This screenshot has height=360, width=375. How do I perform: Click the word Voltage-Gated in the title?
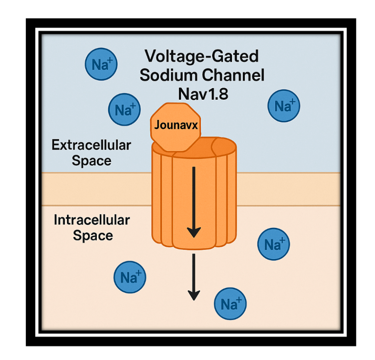click(x=201, y=57)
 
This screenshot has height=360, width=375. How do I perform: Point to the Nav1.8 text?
click(x=203, y=94)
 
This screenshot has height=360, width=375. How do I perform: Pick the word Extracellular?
click(x=91, y=145)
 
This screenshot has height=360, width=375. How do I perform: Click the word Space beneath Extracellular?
click(x=92, y=161)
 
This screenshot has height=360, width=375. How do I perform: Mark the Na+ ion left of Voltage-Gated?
click(x=100, y=64)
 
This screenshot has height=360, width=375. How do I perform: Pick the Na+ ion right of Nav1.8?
click(x=284, y=106)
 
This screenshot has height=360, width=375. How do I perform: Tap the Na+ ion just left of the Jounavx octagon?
click(x=124, y=110)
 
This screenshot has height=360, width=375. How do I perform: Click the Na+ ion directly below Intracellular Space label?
click(x=130, y=277)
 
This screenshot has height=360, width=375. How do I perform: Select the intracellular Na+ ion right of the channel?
click(x=273, y=245)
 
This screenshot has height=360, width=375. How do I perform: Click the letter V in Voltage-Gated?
click(x=150, y=57)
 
